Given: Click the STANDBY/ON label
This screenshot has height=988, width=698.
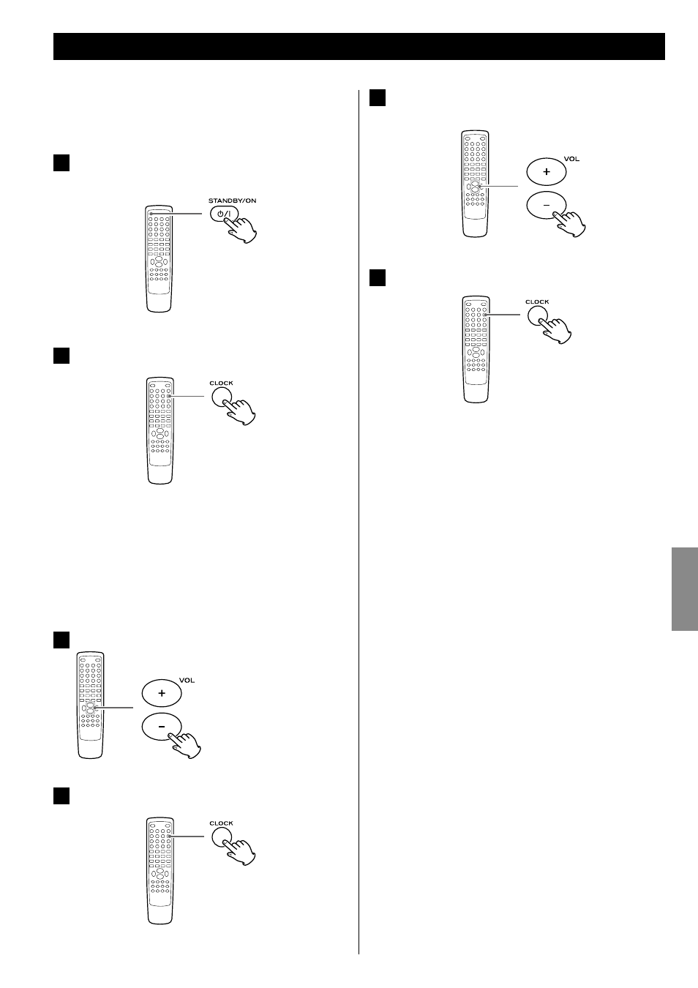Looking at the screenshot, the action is click(232, 201).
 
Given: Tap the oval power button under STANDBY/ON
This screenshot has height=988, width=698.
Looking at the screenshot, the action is click(224, 214).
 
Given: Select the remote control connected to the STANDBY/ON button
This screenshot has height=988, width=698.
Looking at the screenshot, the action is click(159, 258).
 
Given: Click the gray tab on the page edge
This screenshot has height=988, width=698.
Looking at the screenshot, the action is click(684, 589).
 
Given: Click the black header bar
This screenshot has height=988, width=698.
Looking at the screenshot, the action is click(359, 46).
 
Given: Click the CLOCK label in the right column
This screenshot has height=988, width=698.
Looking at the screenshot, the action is click(537, 302).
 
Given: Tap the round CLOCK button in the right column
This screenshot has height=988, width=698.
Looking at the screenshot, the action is click(538, 315).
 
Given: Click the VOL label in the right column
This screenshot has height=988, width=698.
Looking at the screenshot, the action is click(571, 160).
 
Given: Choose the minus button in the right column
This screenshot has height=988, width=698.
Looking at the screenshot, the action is click(547, 205).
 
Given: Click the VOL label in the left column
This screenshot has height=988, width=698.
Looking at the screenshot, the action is click(187, 681).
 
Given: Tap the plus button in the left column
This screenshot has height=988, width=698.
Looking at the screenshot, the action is click(162, 693).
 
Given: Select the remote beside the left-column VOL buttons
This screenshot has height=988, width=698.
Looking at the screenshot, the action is click(91, 705).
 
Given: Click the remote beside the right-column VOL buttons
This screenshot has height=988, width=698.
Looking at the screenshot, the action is click(476, 184).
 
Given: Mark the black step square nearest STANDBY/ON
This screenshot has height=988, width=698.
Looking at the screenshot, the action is click(61, 162).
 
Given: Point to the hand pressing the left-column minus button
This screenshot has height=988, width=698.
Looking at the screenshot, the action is click(186, 745).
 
